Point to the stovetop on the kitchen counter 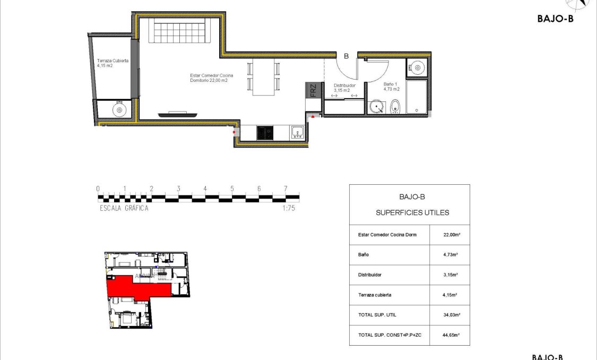tap(264, 132)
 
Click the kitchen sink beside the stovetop tap(297, 132)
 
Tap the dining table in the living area tap(264, 76)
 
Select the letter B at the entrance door tap(346, 56)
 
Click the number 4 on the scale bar tap(205, 188)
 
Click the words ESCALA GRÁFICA tap(124, 208)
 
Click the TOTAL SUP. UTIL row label tap(377, 315)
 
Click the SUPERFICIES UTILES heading tap(412, 212)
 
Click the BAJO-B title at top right tap(555, 18)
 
